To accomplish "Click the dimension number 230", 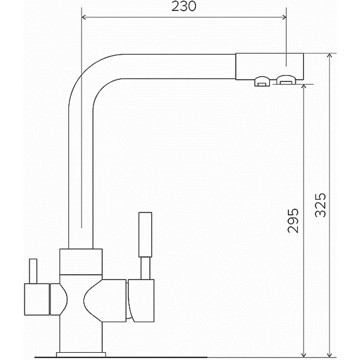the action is [184, 7].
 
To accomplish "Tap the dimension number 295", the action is [293, 221].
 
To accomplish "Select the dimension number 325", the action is [320, 205].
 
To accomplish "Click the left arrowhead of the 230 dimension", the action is [83, 17].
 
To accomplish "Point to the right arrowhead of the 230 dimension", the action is [284, 17].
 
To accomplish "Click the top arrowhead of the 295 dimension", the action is [304, 86].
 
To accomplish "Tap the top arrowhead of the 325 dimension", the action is [329, 56].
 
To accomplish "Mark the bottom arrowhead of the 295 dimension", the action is [304, 355].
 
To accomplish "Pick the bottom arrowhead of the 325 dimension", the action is [329, 355].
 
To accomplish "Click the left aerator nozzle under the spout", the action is [262, 82].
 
